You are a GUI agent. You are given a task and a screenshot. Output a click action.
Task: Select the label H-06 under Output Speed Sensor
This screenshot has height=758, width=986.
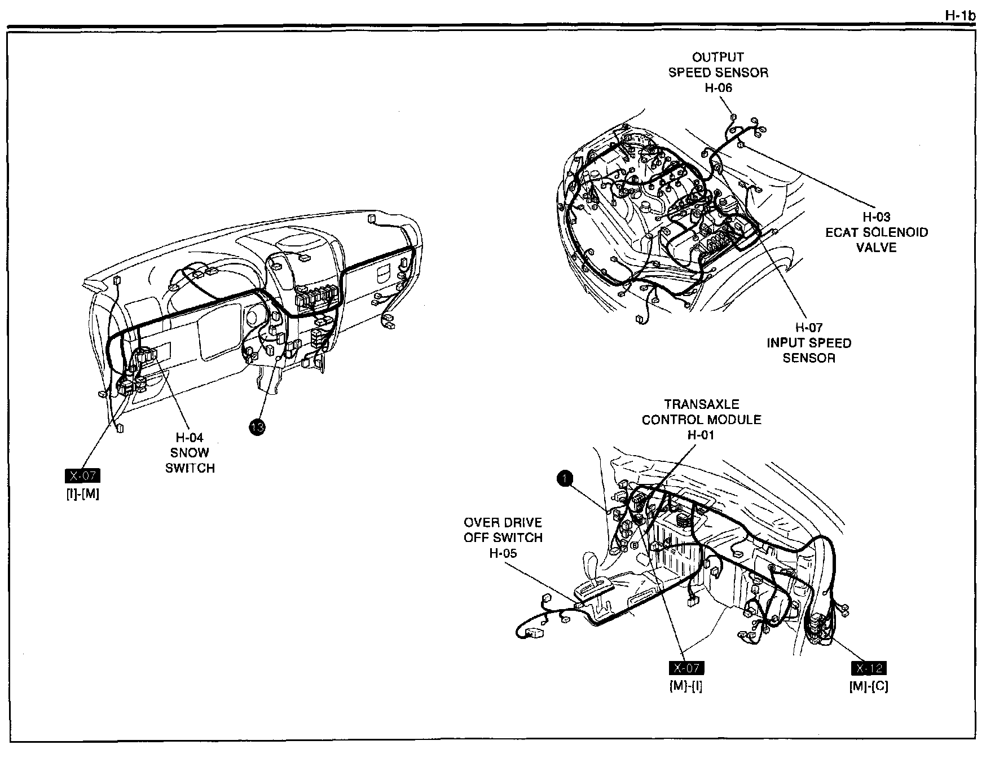click(x=718, y=88)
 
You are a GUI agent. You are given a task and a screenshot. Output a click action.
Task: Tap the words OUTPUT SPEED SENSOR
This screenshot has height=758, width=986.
click(x=718, y=65)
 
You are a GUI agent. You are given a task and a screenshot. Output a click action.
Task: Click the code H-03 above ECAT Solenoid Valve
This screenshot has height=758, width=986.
click(x=876, y=217)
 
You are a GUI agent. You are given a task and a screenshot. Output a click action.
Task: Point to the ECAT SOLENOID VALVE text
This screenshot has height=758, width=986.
click(x=876, y=240)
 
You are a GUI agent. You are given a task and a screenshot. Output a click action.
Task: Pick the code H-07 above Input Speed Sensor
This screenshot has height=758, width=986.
click(x=808, y=327)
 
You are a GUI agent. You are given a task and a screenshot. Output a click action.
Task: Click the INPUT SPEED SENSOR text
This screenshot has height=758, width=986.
click(x=808, y=350)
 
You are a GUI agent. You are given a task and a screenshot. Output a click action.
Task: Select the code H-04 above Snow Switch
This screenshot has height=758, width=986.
click(x=190, y=437)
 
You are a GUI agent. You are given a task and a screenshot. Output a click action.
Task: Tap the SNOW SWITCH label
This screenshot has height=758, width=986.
click(x=190, y=460)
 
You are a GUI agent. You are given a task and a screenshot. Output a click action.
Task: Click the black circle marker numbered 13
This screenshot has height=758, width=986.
click(x=257, y=428)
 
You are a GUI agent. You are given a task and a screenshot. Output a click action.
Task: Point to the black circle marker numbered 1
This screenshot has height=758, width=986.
click(x=565, y=479)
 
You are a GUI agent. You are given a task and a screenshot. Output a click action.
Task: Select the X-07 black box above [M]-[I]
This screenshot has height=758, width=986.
click(x=686, y=668)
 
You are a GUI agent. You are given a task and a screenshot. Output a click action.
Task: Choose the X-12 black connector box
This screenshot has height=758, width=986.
click(x=868, y=668)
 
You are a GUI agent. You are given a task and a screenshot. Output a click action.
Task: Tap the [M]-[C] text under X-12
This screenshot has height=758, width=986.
click(x=868, y=686)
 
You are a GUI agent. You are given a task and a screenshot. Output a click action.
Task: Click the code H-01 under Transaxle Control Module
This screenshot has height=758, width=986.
click(x=701, y=435)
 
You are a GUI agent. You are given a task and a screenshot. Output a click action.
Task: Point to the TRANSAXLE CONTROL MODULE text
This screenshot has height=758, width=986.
click(x=701, y=412)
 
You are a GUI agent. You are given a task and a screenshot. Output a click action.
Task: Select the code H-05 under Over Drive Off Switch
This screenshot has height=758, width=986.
click(x=503, y=553)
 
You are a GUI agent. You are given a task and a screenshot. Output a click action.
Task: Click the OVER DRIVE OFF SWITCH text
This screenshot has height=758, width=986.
click(x=503, y=530)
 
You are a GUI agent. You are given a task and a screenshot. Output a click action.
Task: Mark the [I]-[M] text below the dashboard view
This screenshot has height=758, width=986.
click(x=83, y=495)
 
